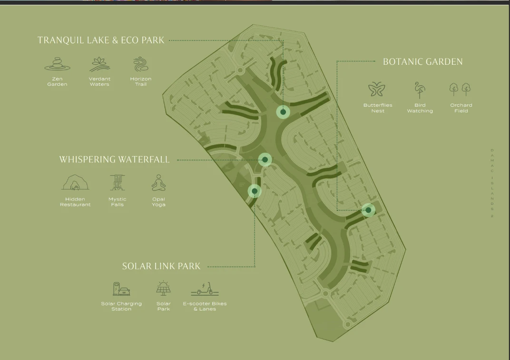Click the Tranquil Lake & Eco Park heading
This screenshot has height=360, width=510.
(x=101, y=40)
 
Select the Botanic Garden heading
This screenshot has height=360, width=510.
(x=422, y=61)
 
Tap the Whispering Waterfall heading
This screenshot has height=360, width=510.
(x=114, y=160)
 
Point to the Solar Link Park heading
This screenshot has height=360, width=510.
(x=161, y=266)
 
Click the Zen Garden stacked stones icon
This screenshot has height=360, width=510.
(x=57, y=64)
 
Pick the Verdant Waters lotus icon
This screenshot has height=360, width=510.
(x=99, y=64)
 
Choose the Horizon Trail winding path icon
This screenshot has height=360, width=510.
(x=141, y=64)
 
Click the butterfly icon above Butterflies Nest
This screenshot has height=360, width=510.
(x=377, y=90)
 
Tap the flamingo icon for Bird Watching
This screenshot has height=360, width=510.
(x=420, y=90)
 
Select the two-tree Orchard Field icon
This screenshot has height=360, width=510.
(x=460, y=90)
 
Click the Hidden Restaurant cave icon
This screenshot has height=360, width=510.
(x=75, y=182)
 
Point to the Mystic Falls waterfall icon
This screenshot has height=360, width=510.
(x=117, y=182)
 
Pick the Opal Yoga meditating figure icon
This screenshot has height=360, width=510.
(x=158, y=182)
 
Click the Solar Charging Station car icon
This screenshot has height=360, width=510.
(x=121, y=289)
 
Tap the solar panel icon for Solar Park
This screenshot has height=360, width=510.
(x=164, y=289)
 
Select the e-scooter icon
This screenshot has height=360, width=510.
(x=205, y=289)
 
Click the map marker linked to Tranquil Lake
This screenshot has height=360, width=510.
(x=283, y=112)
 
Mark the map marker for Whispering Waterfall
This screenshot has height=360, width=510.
(x=265, y=160)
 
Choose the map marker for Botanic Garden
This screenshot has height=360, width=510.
(x=368, y=210)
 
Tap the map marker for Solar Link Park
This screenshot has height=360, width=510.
(x=255, y=191)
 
